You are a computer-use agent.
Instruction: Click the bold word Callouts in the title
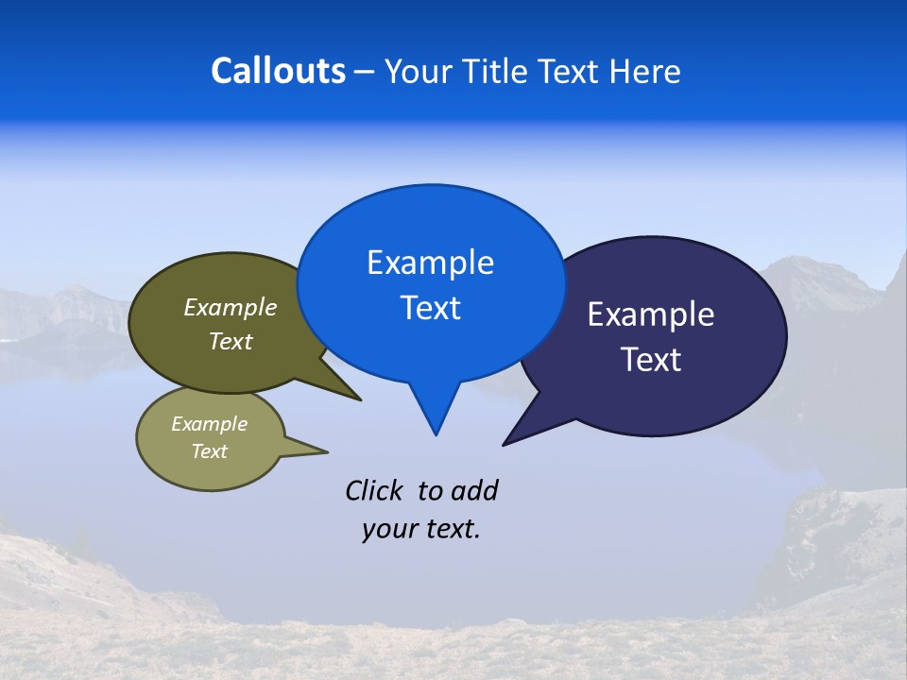click(278, 71)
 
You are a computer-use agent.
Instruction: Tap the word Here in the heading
click(645, 71)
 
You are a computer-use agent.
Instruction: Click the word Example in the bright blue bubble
click(430, 263)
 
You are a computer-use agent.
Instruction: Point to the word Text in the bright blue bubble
click(430, 308)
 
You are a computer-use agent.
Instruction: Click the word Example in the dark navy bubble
click(651, 314)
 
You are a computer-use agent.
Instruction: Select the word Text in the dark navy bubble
click(651, 360)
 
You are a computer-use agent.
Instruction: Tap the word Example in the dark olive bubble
click(231, 308)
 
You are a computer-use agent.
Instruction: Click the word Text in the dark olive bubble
click(231, 342)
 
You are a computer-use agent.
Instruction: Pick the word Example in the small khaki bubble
click(209, 424)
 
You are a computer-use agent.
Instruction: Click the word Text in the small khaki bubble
click(209, 451)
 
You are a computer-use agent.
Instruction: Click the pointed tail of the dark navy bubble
click(510, 439)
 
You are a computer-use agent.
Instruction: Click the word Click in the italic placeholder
click(374, 490)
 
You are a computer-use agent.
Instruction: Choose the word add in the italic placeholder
click(475, 490)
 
